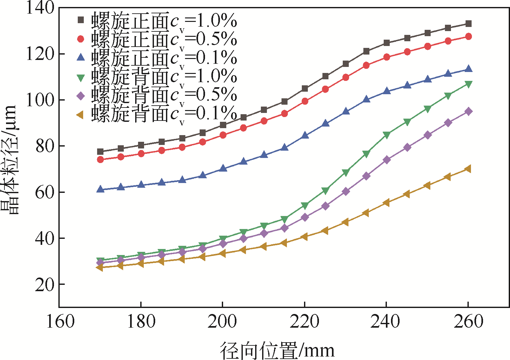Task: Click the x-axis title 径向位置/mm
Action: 277,350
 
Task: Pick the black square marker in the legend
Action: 81,20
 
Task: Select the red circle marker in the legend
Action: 81,39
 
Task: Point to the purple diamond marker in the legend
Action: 81,95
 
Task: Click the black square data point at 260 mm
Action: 468,24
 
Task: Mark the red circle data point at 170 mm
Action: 100,160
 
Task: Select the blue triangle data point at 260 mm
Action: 468,69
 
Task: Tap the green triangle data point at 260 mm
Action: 468,84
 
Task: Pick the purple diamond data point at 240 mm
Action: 387,160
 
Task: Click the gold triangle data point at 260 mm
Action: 468,169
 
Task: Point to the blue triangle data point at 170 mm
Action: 100,189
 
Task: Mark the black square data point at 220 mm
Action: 305,88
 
